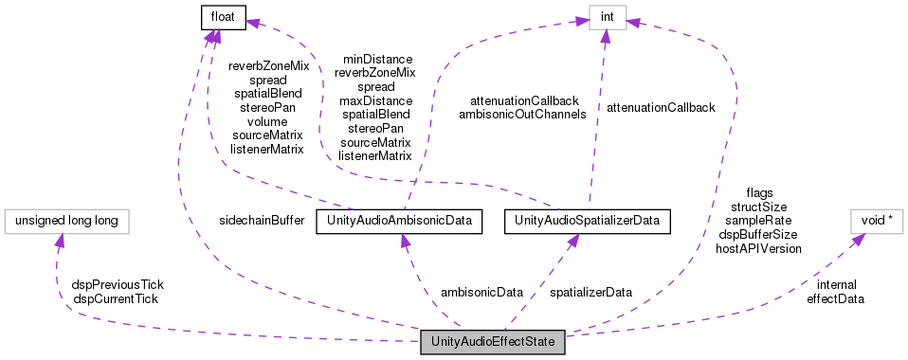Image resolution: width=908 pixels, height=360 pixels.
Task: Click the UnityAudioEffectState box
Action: (x=493, y=341)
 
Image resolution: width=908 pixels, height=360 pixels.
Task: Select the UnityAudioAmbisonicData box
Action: (x=399, y=222)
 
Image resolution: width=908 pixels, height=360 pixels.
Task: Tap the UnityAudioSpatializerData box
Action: (x=588, y=222)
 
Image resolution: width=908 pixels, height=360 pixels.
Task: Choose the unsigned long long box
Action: (x=66, y=222)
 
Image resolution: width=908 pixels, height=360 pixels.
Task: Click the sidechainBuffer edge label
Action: (x=261, y=221)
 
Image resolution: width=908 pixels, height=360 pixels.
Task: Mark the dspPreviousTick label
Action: (x=118, y=284)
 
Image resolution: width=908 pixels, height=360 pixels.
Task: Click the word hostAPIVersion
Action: (x=759, y=248)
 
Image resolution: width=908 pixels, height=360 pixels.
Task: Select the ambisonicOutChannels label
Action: (x=522, y=114)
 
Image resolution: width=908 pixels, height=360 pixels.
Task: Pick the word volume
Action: (x=267, y=121)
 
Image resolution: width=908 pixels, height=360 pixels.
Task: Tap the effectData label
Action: (x=835, y=297)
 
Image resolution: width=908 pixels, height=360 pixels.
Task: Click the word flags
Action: (x=759, y=191)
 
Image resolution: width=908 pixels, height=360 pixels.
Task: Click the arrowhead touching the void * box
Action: (x=855, y=240)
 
